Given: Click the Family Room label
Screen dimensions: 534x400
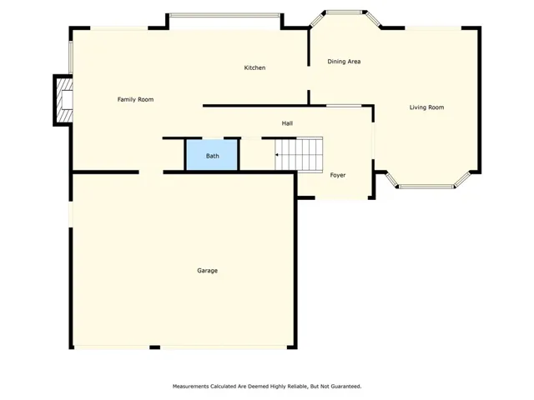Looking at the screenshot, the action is [135, 99].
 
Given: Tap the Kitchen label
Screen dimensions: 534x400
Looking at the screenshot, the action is [254, 67].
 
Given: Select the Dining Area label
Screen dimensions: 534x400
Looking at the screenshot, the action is [344, 62].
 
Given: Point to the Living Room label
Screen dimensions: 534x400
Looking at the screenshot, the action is [426, 107].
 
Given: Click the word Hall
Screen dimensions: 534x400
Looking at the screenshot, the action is [287, 123].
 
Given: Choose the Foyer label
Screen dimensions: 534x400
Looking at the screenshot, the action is [338, 175].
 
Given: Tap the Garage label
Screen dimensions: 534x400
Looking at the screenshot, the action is [208, 270].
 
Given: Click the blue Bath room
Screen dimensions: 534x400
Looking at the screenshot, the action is [211, 155].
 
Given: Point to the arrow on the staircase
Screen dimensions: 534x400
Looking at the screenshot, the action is [277, 155].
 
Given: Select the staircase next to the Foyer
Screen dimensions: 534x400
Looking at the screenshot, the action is [299, 153].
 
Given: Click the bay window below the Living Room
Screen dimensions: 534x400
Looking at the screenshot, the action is [426, 183].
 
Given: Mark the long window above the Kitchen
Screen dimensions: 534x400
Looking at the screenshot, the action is [224, 15].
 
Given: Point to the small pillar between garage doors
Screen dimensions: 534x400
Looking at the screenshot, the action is [155, 347].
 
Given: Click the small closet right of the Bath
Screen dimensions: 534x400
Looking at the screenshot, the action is [251, 154].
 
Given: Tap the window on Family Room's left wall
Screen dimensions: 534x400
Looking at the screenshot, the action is [71, 57].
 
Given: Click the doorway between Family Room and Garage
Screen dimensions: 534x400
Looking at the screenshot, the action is [151, 172].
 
